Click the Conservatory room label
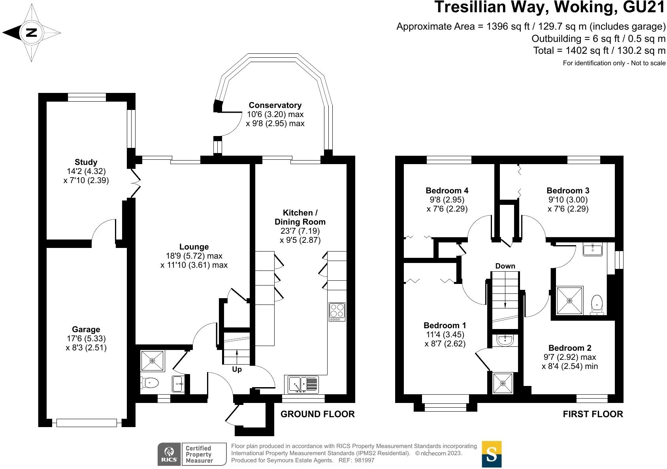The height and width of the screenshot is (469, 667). (275, 105)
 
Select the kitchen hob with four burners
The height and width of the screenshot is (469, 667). (337, 312)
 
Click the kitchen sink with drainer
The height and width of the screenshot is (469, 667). (303, 384)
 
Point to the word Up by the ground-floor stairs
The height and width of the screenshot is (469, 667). (237, 369)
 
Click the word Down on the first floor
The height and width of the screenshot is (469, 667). (505, 266)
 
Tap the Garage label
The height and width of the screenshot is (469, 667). (86, 329)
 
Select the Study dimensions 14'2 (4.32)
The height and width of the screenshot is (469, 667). (87, 171)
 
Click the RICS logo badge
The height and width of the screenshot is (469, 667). (169, 454)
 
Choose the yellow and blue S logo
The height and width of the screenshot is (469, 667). (492, 454)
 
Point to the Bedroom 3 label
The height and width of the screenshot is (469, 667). (568, 190)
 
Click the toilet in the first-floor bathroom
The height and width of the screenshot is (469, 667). (597, 304)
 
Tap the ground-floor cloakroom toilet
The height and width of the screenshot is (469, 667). (149, 383)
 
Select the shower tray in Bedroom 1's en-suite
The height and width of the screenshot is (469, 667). (503, 383)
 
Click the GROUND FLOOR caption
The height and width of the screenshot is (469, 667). (317, 414)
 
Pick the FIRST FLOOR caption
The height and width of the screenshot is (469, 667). (593, 414)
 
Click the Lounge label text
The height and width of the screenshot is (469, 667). (194, 247)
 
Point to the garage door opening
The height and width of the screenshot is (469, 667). (87, 422)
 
